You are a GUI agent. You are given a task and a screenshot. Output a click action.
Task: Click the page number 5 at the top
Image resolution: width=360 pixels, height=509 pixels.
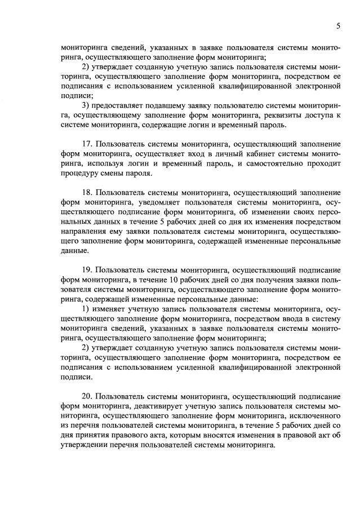point(338,26)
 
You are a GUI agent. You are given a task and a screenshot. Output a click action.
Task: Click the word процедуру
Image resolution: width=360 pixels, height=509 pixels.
point(82,174)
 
